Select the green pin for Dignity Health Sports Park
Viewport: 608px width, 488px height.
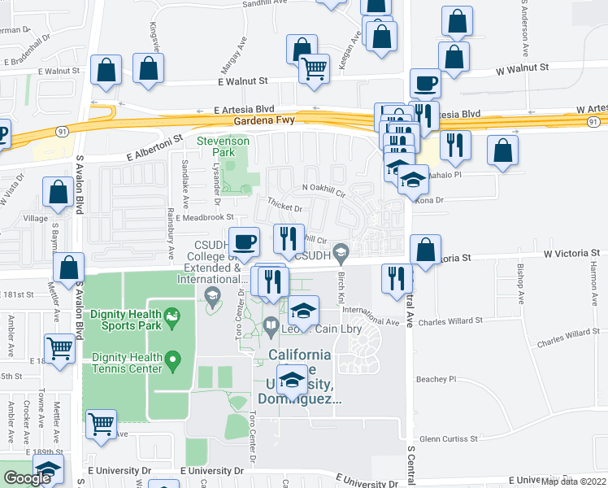(x=172, y=315)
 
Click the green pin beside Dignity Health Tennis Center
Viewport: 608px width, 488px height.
(x=172, y=358)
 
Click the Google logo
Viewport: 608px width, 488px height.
(x=27, y=478)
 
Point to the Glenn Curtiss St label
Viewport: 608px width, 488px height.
(x=449, y=438)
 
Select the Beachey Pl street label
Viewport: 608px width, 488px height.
(x=436, y=379)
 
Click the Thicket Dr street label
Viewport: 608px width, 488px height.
(x=284, y=207)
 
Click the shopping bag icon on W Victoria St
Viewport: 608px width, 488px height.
(x=425, y=251)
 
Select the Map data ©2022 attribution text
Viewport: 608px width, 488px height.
(x=574, y=481)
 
